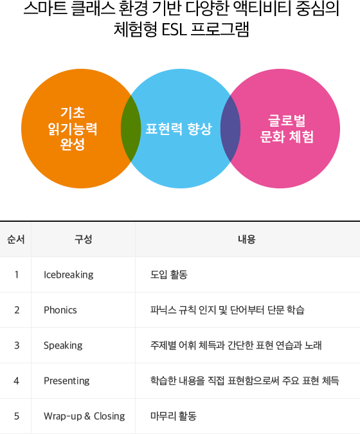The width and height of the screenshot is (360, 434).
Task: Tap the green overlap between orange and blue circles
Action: (131, 129)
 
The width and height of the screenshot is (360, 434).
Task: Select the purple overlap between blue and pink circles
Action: (231, 129)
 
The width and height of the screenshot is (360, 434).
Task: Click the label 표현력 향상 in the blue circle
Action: (179, 129)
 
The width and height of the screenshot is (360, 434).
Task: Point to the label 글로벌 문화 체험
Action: (287, 129)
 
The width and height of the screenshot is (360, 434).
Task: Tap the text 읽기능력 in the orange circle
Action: (73, 129)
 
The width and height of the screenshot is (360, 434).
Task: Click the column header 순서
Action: (16, 239)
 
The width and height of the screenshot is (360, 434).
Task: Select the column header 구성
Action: (83, 239)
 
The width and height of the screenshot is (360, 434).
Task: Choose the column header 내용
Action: (247, 239)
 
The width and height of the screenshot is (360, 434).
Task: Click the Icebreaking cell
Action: (69, 275)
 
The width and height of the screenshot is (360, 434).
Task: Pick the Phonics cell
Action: (60, 310)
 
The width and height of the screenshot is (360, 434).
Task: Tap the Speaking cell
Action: (63, 345)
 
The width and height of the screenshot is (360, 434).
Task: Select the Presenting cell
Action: (67, 381)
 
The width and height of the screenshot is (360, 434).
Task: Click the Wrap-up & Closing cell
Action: (84, 416)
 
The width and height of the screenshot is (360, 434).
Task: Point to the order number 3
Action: (17, 345)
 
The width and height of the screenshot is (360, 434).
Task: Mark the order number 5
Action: (17, 416)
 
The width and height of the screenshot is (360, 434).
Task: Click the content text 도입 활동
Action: (169, 275)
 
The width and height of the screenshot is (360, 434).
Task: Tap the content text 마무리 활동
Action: (174, 416)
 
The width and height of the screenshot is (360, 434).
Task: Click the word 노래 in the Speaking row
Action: (313, 345)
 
